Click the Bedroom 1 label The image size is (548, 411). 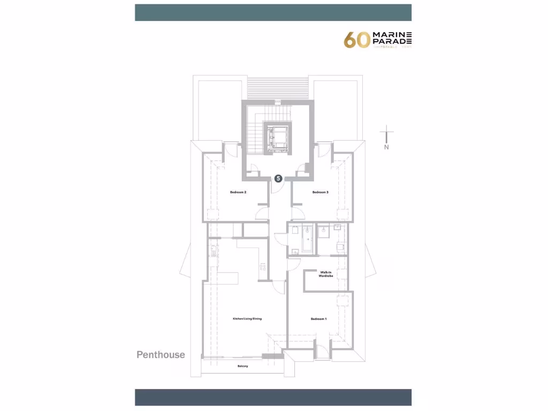[x=318, y=319]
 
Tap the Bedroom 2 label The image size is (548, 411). [x=238, y=192]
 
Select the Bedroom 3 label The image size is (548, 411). [x=320, y=192]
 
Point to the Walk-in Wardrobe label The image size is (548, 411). [x=326, y=274]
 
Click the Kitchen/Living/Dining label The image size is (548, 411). [x=247, y=319]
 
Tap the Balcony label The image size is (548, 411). [x=243, y=366]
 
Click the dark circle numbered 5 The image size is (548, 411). [x=278, y=179]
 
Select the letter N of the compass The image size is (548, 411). [x=386, y=147]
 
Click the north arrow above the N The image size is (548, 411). [x=386, y=134]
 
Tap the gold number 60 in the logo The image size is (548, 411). [x=356, y=40]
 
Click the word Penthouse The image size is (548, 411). [x=161, y=355]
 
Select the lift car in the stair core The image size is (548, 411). [x=278, y=137]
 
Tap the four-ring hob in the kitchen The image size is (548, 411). [x=263, y=265]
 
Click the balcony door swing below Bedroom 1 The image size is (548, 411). [x=322, y=351]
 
